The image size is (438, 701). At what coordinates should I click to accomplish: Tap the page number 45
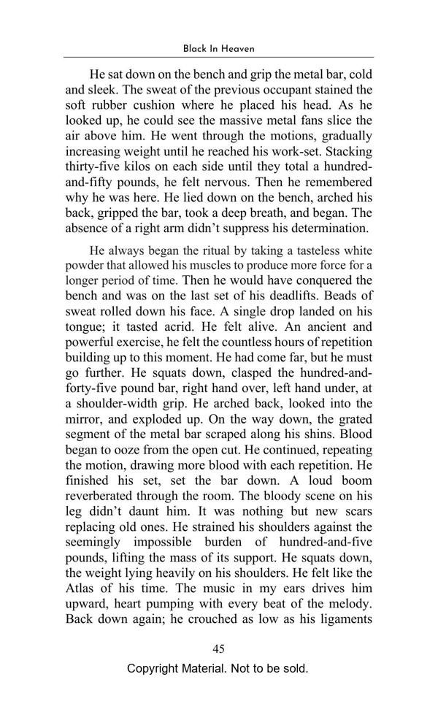(x=218, y=648)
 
